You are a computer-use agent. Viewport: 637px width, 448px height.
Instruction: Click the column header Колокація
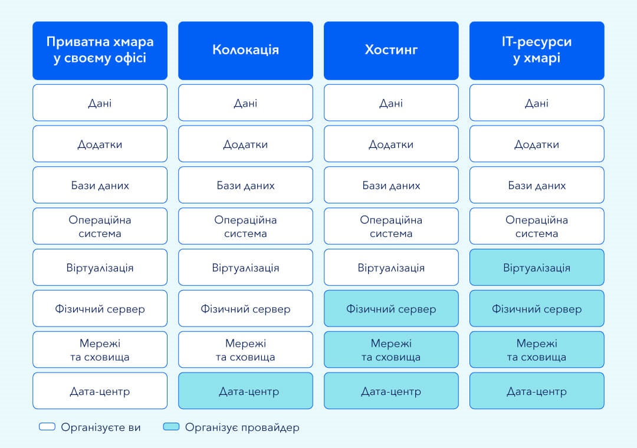pyautogui.click(x=245, y=51)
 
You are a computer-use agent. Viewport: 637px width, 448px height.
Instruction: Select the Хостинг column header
pyautogui.click(x=391, y=51)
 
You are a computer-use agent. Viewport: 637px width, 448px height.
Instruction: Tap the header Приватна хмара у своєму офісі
pyautogui.click(x=100, y=51)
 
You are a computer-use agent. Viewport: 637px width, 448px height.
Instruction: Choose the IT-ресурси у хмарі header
pyautogui.click(x=537, y=51)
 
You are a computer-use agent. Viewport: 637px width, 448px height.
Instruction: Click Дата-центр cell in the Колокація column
pyautogui.click(x=245, y=391)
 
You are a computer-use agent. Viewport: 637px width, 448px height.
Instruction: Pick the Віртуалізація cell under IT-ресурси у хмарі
pyautogui.click(x=537, y=267)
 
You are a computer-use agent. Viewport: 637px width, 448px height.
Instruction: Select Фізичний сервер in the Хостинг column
pyautogui.click(x=391, y=308)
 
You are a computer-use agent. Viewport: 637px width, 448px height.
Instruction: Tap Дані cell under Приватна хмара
pyautogui.click(x=100, y=103)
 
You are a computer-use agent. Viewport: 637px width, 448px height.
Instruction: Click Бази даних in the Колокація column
pyautogui.click(x=245, y=185)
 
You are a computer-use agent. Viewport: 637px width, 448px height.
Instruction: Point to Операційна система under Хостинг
pyautogui.click(x=391, y=226)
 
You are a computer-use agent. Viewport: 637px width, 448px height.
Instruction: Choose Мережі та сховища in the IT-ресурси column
pyautogui.click(x=537, y=350)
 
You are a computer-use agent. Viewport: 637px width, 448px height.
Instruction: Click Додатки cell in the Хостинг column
pyautogui.click(x=391, y=144)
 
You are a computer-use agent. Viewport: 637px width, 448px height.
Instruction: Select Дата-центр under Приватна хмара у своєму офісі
pyautogui.click(x=100, y=391)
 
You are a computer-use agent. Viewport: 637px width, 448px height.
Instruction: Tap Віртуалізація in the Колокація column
pyautogui.click(x=245, y=267)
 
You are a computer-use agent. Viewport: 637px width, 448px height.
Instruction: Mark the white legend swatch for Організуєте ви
pyautogui.click(x=47, y=426)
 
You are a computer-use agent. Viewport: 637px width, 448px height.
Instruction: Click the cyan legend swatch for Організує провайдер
pyautogui.click(x=171, y=426)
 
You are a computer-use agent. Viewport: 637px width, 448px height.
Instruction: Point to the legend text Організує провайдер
pyautogui.click(x=242, y=427)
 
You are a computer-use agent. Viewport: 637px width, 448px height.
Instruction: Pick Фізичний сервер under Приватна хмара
pyautogui.click(x=100, y=308)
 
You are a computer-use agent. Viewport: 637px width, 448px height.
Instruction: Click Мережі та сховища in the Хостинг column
pyautogui.click(x=391, y=350)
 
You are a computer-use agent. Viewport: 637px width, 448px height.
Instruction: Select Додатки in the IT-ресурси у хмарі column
pyautogui.click(x=537, y=144)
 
